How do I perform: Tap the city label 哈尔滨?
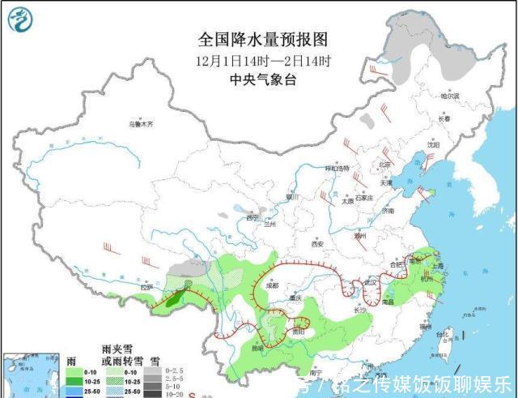coord(449,96)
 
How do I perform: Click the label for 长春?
coord(444,119)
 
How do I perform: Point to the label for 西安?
coord(316,243)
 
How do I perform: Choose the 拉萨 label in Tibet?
coord(146,287)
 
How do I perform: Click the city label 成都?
coord(270,285)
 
